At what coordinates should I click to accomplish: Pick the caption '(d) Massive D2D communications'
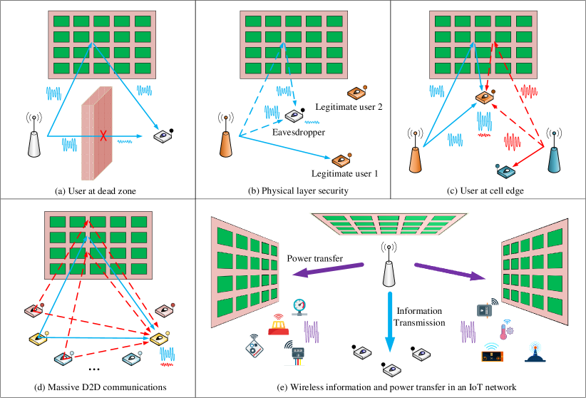click(x=97, y=387)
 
